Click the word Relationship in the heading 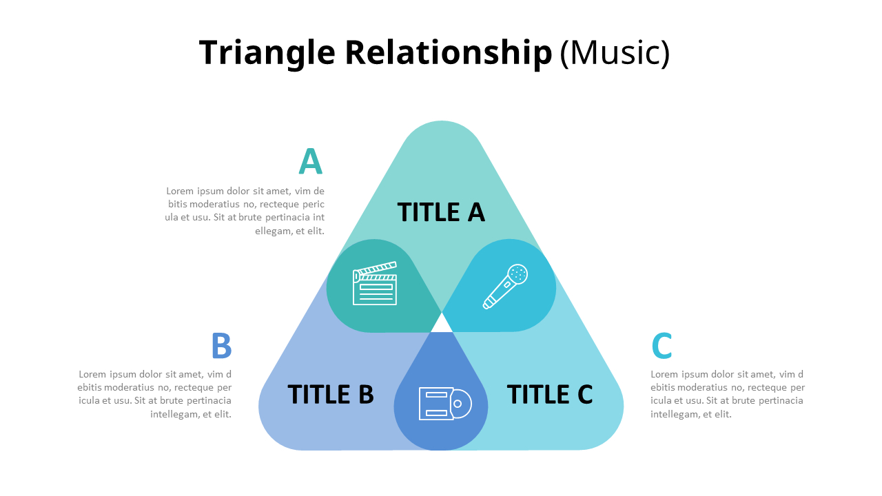coord(448,53)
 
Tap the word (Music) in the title coord(614,53)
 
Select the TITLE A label coord(441,212)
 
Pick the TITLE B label coord(331,394)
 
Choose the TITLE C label coord(550,394)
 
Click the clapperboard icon coord(375,283)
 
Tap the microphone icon coord(505,287)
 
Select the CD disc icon coord(444,404)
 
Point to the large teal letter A coord(310,162)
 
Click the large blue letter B coord(221,346)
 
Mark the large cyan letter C coord(661,346)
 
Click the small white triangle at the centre coord(442,324)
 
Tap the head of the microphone coord(517,274)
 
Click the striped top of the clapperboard coord(376,270)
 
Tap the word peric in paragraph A coord(313,205)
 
